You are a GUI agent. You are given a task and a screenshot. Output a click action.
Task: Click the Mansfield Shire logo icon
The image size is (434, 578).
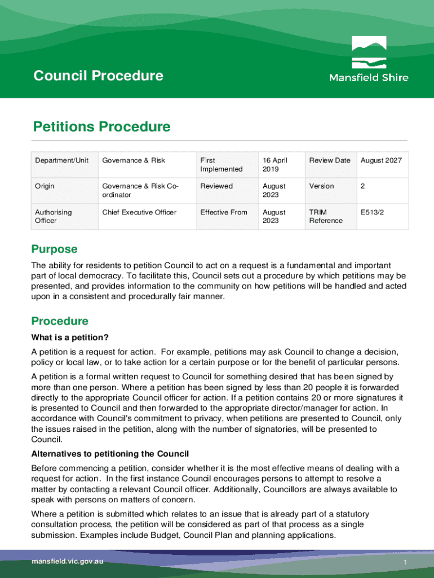(x=369, y=52)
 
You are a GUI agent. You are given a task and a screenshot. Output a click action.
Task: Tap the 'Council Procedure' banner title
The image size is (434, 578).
(x=98, y=76)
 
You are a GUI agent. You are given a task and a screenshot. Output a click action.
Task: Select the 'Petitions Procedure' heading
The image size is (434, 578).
(x=101, y=126)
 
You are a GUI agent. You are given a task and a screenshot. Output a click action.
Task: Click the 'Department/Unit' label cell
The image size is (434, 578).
(x=62, y=160)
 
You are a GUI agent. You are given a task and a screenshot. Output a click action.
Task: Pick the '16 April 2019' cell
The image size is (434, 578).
(x=274, y=164)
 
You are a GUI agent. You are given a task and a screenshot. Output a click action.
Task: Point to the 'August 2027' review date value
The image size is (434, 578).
(x=381, y=160)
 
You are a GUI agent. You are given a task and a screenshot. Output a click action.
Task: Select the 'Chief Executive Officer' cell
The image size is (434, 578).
(x=139, y=212)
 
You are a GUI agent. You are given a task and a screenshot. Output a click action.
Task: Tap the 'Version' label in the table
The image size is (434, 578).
(x=321, y=186)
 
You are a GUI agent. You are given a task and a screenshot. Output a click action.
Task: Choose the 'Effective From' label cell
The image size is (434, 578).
(x=223, y=212)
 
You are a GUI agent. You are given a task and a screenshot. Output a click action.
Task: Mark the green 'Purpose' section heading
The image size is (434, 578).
(x=54, y=249)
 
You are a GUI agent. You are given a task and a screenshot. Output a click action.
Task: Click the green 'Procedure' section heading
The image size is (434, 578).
(x=60, y=321)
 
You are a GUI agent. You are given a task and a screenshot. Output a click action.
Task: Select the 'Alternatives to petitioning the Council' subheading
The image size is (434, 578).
(x=110, y=454)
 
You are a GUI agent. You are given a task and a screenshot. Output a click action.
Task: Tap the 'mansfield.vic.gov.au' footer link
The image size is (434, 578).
(x=68, y=562)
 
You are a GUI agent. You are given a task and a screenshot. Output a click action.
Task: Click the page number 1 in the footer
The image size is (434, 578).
(x=405, y=563)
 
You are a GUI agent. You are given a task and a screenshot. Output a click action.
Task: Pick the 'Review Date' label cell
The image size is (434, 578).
(x=330, y=160)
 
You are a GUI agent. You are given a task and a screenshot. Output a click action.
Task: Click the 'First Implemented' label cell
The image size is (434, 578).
(x=221, y=164)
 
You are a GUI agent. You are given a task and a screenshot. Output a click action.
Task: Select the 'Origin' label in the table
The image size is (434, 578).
(x=45, y=186)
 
